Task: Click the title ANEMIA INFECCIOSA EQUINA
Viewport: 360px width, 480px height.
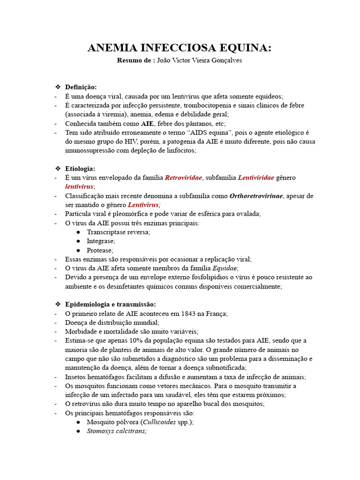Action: (180, 48)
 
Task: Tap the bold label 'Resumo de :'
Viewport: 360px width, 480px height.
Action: (136, 61)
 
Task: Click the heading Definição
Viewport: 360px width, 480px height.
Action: (81, 87)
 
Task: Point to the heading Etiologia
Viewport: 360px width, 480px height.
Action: (80, 168)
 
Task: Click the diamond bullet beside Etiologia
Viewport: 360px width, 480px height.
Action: (58, 168)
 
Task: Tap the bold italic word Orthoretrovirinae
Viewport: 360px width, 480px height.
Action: (256, 196)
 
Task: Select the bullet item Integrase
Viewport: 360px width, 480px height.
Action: (101, 241)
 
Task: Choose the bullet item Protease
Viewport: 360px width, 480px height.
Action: (100, 250)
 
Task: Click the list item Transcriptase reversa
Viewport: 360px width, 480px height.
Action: (119, 232)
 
